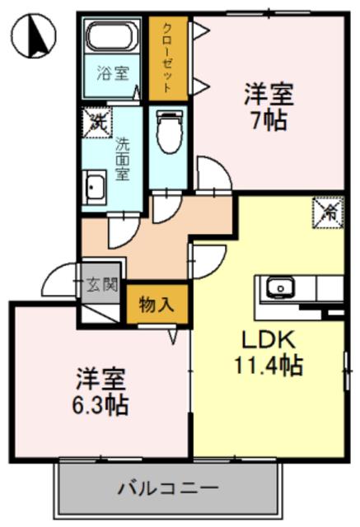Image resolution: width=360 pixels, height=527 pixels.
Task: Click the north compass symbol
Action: (x=33, y=36)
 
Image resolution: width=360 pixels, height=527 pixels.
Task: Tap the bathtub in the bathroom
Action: (x=111, y=35)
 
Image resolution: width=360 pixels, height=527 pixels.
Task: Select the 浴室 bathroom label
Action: (x=113, y=73)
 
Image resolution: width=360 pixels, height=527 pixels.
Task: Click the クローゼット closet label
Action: (x=167, y=58)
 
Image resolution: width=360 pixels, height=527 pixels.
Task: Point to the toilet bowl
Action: (x=170, y=133)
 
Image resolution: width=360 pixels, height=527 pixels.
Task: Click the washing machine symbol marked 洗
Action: (x=97, y=123)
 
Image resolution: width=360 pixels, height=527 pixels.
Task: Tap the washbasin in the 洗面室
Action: (x=95, y=187)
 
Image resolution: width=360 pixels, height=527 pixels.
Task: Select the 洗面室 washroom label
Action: (x=123, y=159)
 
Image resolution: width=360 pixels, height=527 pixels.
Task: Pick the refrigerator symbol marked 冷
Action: (x=329, y=213)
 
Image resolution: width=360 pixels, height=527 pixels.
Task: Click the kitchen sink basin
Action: (x=279, y=288)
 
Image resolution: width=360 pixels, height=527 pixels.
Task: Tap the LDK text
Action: (x=269, y=341)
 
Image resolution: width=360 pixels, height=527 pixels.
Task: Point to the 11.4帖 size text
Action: (x=269, y=366)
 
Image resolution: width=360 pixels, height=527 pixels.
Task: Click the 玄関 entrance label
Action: (x=102, y=285)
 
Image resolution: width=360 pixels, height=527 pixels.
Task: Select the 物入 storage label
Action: (x=157, y=305)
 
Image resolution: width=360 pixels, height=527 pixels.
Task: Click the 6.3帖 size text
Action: (x=101, y=406)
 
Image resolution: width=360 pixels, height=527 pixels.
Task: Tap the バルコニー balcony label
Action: (x=168, y=487)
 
